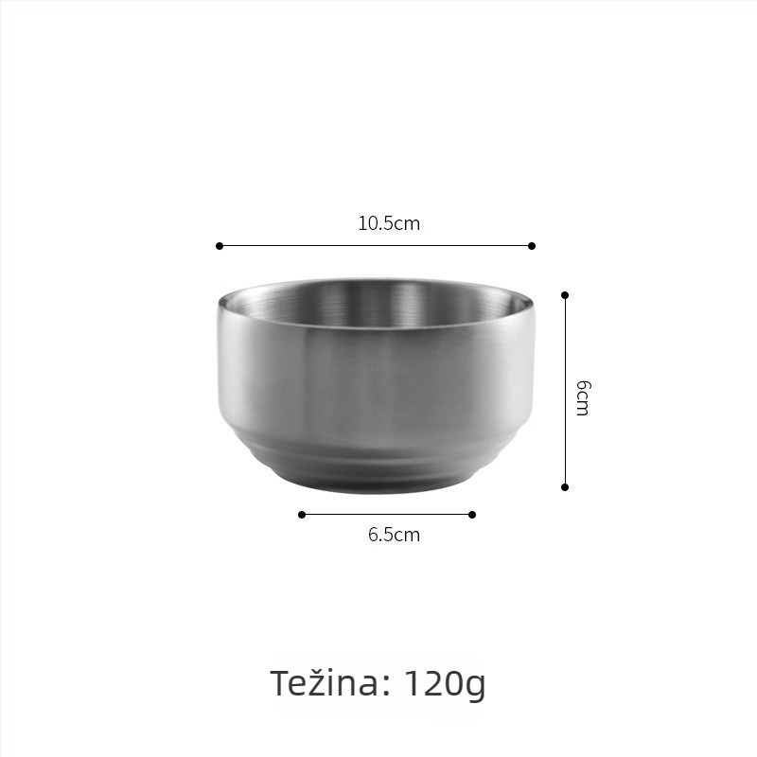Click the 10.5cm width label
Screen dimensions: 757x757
click(x=389, y=223)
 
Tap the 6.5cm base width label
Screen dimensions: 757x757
click(x=394, y=535)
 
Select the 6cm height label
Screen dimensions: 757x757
click(x=583, y=398)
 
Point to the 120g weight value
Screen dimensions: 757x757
click(x=444, y=685)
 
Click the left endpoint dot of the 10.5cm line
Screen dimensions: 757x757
click(x=220, y=246)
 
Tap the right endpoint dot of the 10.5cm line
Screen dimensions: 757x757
click(x=532, y=246)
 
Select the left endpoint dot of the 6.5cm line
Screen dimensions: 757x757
click(x=302, y=515)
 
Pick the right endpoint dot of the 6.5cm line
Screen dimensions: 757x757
click(x=472, y=515)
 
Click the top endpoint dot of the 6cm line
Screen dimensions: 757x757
click(x=565, y=295)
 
